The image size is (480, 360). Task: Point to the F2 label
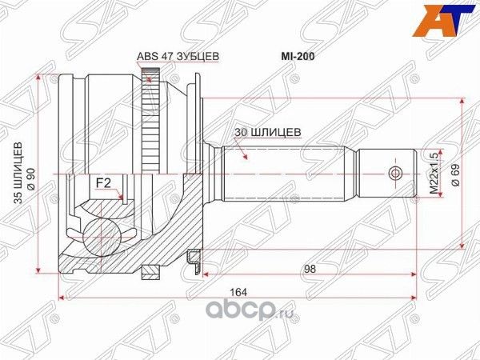click(x=103, y=183)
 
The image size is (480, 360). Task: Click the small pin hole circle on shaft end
click(x=392, y=174)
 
